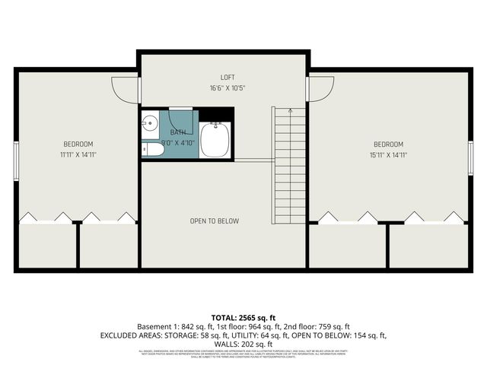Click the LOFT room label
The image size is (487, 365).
[228, 78]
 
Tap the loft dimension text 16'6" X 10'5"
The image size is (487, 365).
[228, 88]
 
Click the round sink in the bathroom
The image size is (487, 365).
[150, 122]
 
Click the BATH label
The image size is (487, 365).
[177, 132]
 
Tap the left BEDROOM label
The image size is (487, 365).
[78, 144]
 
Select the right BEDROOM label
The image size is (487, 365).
[387, 144]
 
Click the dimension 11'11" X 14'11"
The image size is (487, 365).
[78, 154]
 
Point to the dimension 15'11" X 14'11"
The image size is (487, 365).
[387, 154]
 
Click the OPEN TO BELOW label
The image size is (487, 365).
[215, 221]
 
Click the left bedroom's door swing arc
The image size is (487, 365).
[123, 91]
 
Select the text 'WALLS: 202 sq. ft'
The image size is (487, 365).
[243, 344]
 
